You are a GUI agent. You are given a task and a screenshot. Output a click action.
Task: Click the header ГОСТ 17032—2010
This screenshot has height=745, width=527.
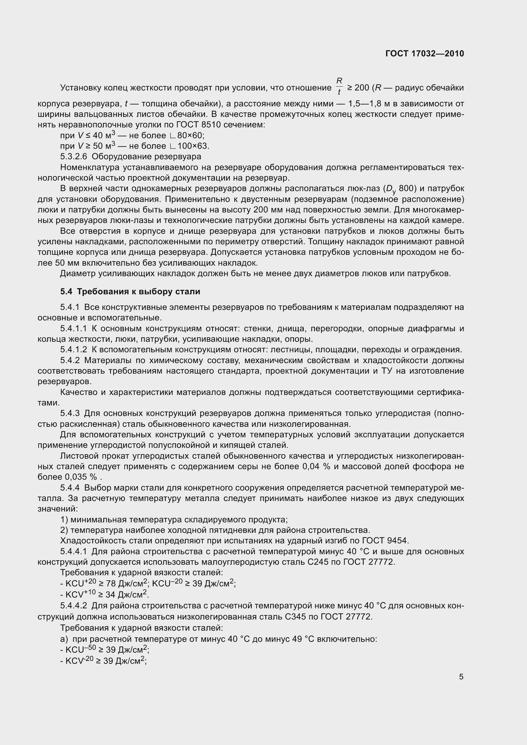424,54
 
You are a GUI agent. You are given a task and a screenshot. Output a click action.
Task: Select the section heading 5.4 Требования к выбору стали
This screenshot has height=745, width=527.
130,292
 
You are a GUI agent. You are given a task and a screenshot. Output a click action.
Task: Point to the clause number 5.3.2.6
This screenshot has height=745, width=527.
74,157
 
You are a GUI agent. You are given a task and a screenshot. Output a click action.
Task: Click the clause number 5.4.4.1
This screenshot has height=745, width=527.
74,551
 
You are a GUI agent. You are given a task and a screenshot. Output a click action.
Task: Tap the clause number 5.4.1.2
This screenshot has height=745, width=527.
74,350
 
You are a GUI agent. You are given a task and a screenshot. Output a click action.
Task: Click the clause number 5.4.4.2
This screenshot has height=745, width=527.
74,606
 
